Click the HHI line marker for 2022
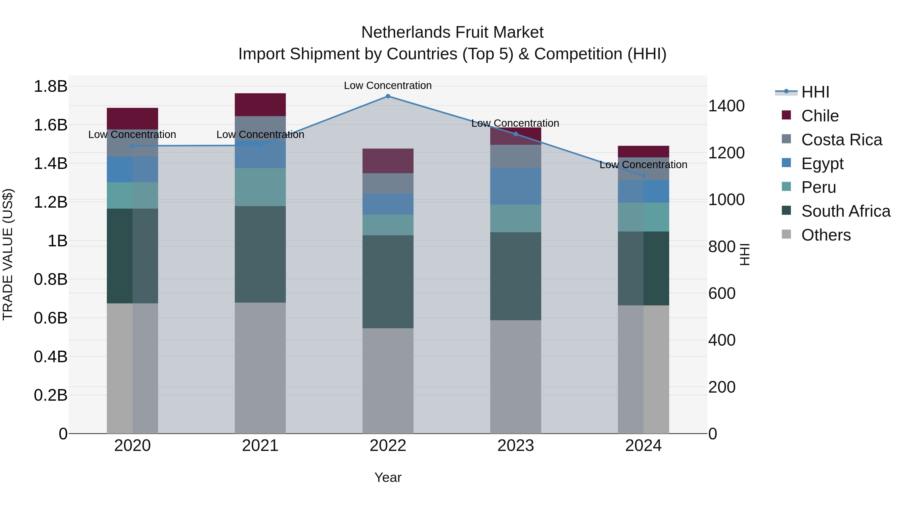click(388, 96)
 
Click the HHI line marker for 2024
click(644, 176)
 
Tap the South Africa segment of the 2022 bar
click(388, 282)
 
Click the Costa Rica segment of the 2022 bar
click(388, 183)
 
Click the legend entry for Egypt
click(822, 164)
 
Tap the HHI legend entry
click(815, 92)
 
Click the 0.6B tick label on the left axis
click(51, 318)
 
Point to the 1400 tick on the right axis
click(726, 106)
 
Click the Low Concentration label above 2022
click(388, 85)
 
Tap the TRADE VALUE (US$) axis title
click(8, 254)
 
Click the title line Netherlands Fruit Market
click(452, 32)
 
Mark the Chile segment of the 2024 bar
click(644, 151)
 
